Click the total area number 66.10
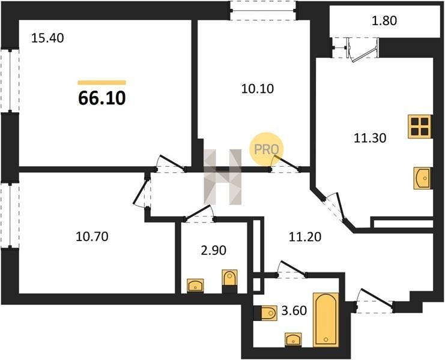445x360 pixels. click(x=101, y=98)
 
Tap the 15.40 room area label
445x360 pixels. click(x=47, y=38)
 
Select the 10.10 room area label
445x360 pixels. click(x=258, y=89)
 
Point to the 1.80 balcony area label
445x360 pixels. click(x=384, y=20)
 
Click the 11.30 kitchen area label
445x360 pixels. click(x=370, y=138)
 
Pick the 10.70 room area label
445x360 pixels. click(x=92, y=236)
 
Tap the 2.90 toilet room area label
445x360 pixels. click(x=213, y=250)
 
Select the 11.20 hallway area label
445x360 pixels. click(x=305, y=236)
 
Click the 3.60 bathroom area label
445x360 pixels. click(x=294, y=311)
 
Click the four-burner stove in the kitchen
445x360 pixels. click(x=420, y=127)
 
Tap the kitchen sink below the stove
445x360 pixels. click(x=423, y=178)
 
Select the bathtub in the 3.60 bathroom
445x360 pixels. click(x=326, y=320)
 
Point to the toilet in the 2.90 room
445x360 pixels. click(x=229, y=281)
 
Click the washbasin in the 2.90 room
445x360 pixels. click(x=195, y=286)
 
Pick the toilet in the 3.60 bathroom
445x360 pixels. click(x=265, y=313)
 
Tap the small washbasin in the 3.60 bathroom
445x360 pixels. click(x=293, y=340)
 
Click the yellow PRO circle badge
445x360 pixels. click(x=266, y=149)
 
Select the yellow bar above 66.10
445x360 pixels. click(x=102, y=82)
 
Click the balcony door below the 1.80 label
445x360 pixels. click(x=362, y=50)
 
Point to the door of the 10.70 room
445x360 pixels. click(x=142, y=191)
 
